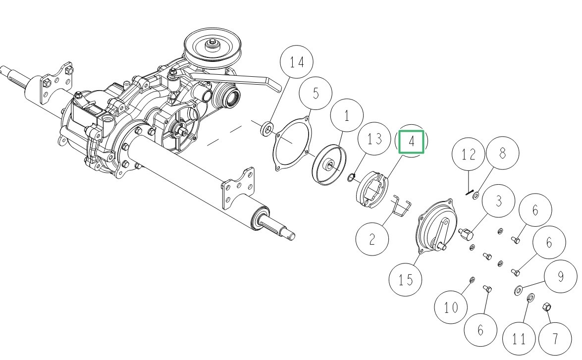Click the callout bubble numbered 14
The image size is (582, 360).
pyautogui.click(x=297, y=62)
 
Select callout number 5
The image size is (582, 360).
pyautogui.click(x=316, y=93)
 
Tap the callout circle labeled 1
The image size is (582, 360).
pyautogui.click(x=347, y=116)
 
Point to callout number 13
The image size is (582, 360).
pyautogui.click(x=375, y=139)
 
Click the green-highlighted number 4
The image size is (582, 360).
pyautogui.click(x=412, y=142)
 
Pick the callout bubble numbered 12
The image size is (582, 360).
pyautogui.click(x=468, y=154)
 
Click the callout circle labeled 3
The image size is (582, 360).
pyautogui.click(x=498, y=201)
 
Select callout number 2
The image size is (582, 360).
pyautogui.click(x=372, y=240)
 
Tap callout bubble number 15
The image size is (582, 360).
pyautogui.click(x=406, y=279)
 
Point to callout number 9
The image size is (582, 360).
pyautogui.click(x=561, y=276)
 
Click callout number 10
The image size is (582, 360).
pyautogui.click(x=451, y=308)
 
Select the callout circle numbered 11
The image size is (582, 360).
pyautogui.click(x=519, y=339)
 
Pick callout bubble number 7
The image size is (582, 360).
pyautogui.click(x=555, y=339)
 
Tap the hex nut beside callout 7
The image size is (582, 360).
pyautogui.click(x=547, y=307)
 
